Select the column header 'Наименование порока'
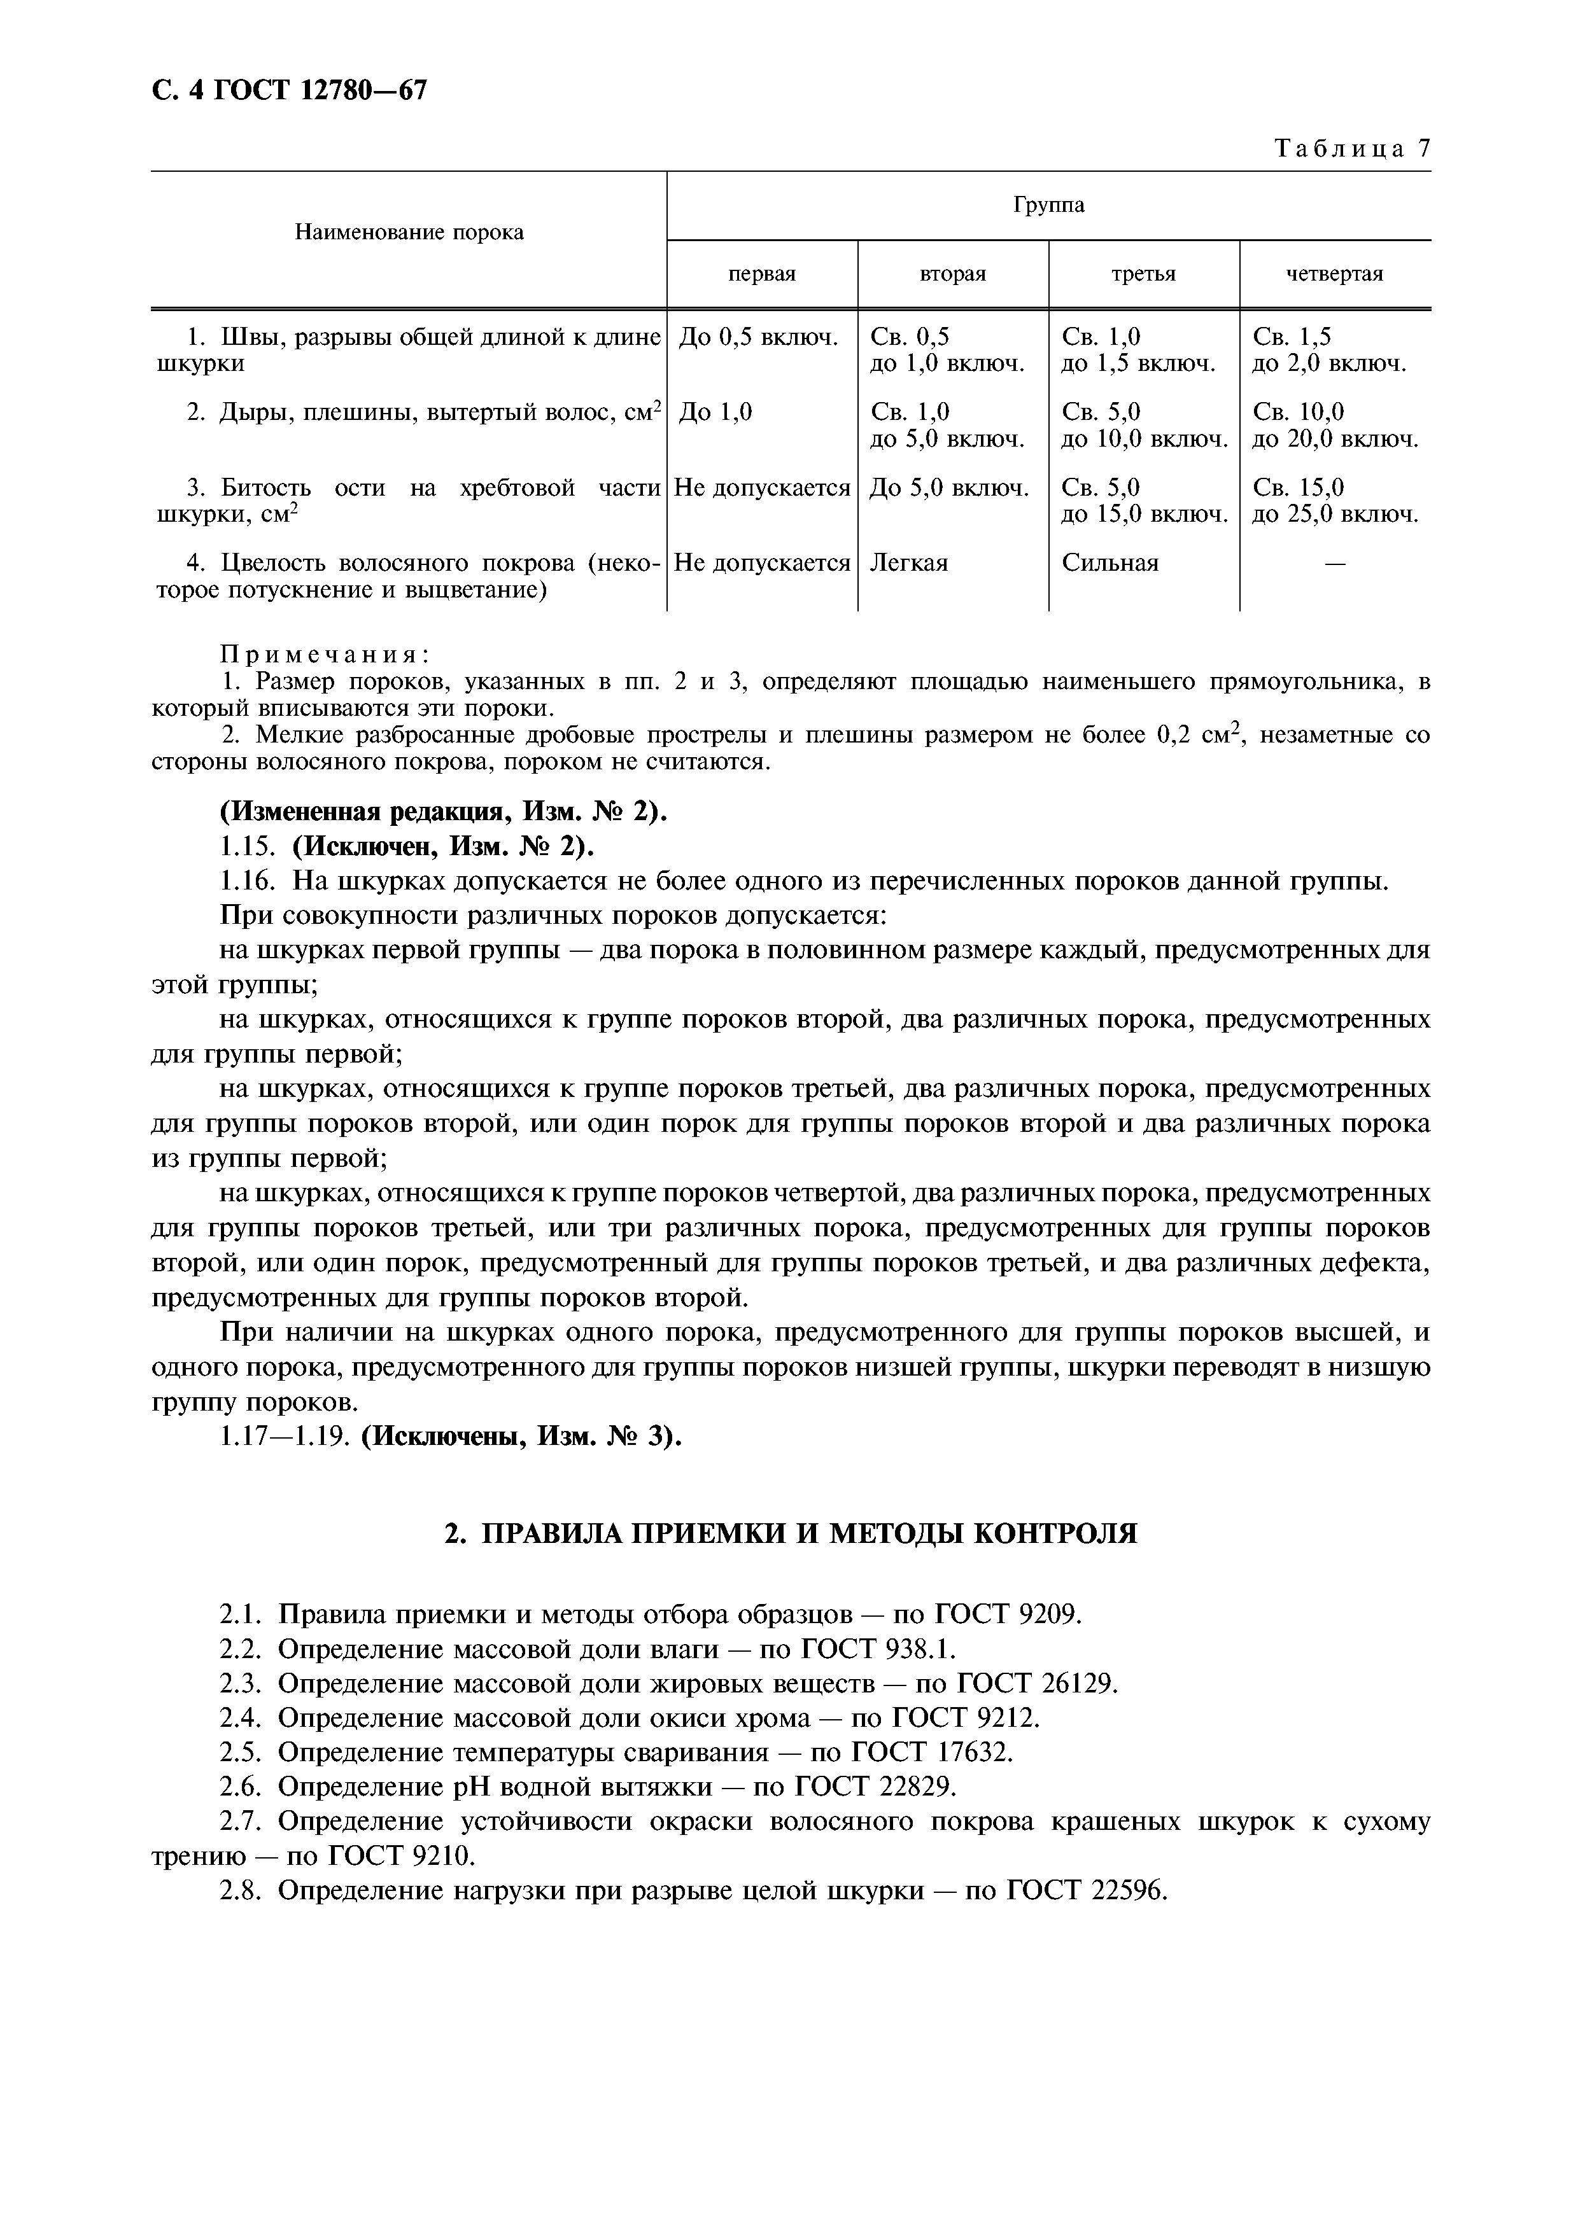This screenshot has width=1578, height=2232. tap(409, 232)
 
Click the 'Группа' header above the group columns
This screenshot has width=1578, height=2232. tap(1048, 205)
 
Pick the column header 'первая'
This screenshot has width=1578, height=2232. tap(762, 274)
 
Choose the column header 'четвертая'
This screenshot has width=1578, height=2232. tap(1335, 274)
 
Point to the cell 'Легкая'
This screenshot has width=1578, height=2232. tap(908, 563)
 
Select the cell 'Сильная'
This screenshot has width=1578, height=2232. tap(1110, 563)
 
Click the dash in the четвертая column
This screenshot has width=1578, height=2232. tap(1335, 564)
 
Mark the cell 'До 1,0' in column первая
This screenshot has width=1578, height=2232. tap(715, 413)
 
